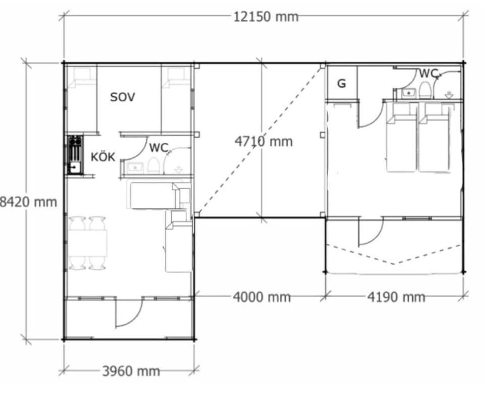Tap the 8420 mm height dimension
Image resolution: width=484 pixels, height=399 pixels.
(28, 202)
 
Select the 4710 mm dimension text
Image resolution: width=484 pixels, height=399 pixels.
(264, 141)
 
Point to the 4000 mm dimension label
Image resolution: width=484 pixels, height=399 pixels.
(262, 297)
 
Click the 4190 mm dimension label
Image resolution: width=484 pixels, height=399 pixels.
(396, 297)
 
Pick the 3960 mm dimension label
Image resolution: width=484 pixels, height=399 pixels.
(131, 371)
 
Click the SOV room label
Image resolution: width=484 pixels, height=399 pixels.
(123, 97)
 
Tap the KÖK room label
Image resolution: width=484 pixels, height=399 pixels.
(103, 157)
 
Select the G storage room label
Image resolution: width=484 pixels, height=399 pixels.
(342, 84)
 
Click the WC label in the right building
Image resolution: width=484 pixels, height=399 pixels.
(429, 74)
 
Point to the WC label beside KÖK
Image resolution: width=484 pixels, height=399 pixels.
(158, 148)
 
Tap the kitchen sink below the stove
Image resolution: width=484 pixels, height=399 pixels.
(74, 167)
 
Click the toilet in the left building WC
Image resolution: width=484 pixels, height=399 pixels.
(153, 165)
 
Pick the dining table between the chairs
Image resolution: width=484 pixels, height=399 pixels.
(88, 243)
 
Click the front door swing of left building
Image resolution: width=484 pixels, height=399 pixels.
(127, 314)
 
